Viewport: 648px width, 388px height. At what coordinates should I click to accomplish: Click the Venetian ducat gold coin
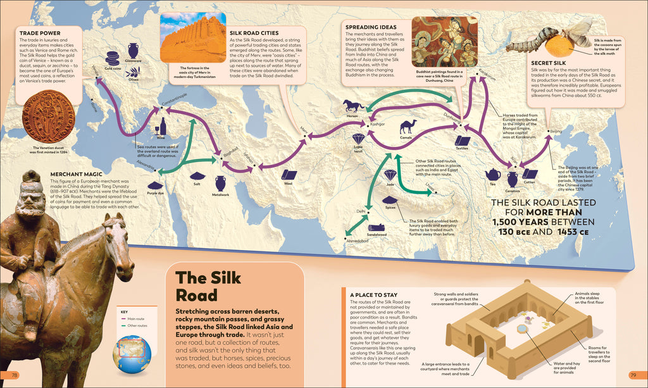[49, 118]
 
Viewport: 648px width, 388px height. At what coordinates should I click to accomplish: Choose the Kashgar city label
[377, 123]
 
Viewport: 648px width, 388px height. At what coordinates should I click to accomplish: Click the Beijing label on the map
[556, 131]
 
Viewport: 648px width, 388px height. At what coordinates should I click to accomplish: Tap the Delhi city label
[361, 211]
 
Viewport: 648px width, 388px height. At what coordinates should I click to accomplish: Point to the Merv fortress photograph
[193, 39]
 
